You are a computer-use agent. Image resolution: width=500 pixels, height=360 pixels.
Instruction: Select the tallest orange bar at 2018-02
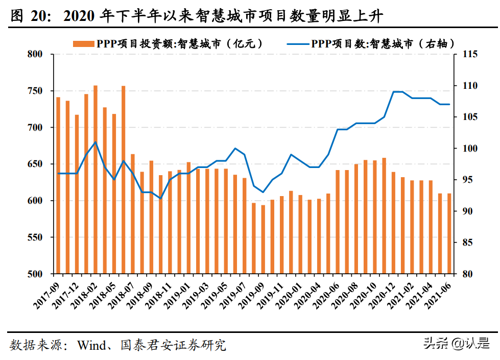tap(96, 179)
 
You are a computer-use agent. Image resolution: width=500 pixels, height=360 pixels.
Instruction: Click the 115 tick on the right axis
tap(469, 54)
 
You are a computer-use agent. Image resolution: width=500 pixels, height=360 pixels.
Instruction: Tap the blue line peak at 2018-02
tap(96, 142)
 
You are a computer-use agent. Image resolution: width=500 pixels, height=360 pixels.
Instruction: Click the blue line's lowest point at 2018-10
tap(160, 198)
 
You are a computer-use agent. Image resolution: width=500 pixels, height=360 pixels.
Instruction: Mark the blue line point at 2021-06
tap(449, 104)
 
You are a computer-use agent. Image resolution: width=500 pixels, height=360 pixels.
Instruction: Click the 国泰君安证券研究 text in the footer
tap(174, 345)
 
